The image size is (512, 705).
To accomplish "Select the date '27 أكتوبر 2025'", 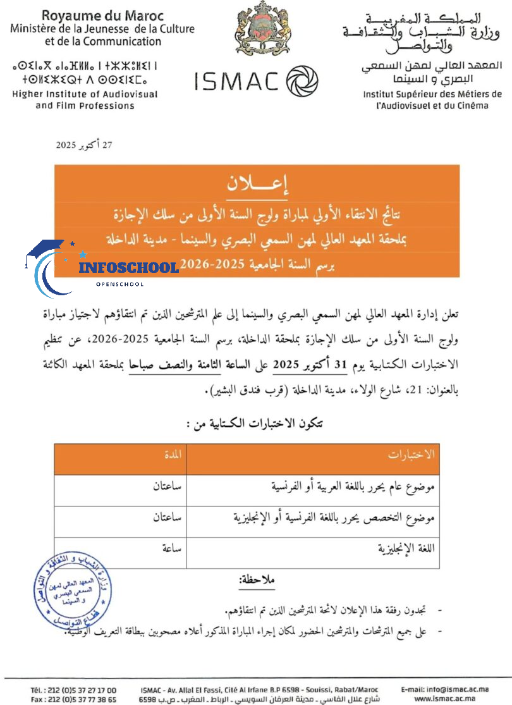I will (x=84, y=145).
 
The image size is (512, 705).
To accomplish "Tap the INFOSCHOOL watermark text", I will (x=129, y=267).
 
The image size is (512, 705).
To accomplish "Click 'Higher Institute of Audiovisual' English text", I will (x=85, y=94).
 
